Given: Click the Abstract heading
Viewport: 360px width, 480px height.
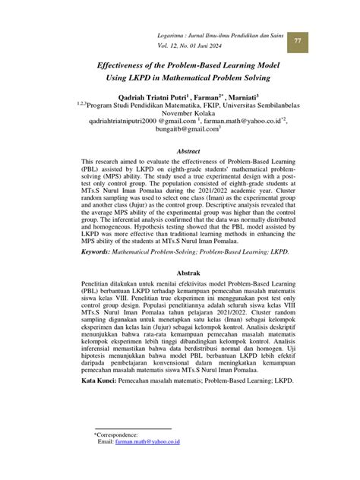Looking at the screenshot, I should click(188, 152).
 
